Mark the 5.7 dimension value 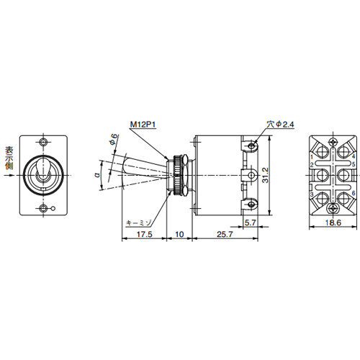251,225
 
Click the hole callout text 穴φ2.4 281,125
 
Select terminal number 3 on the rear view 310,195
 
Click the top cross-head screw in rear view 333,142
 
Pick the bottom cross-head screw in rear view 333,209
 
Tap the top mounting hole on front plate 45,141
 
